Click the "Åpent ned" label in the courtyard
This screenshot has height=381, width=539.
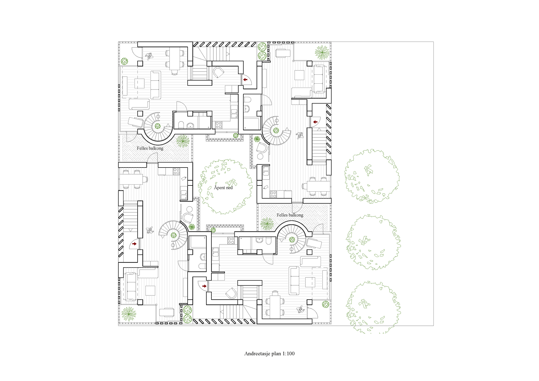coord(223,188)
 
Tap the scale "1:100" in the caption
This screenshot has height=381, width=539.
coord(288,354)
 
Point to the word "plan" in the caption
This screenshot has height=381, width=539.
coord(276,354)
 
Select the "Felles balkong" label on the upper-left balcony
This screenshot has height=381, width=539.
coord(150,148)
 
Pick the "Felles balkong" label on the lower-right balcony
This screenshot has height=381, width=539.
coord(290,215)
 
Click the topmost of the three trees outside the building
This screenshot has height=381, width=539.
coord(372,176)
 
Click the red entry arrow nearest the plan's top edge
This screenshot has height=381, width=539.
coord(245,80)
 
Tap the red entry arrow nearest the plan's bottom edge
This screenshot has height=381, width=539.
coord(204,286)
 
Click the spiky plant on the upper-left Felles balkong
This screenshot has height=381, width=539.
coord(183,141)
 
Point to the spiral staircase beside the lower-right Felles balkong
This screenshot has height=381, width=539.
coord(292,239)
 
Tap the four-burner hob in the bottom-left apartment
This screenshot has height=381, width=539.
coord(176,171)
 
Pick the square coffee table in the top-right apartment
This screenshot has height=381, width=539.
coord(299,75)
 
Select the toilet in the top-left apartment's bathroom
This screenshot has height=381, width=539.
coord(181,125)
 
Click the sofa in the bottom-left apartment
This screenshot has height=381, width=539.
coord(131,286)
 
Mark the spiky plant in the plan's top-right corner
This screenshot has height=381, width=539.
coord(322,52)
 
